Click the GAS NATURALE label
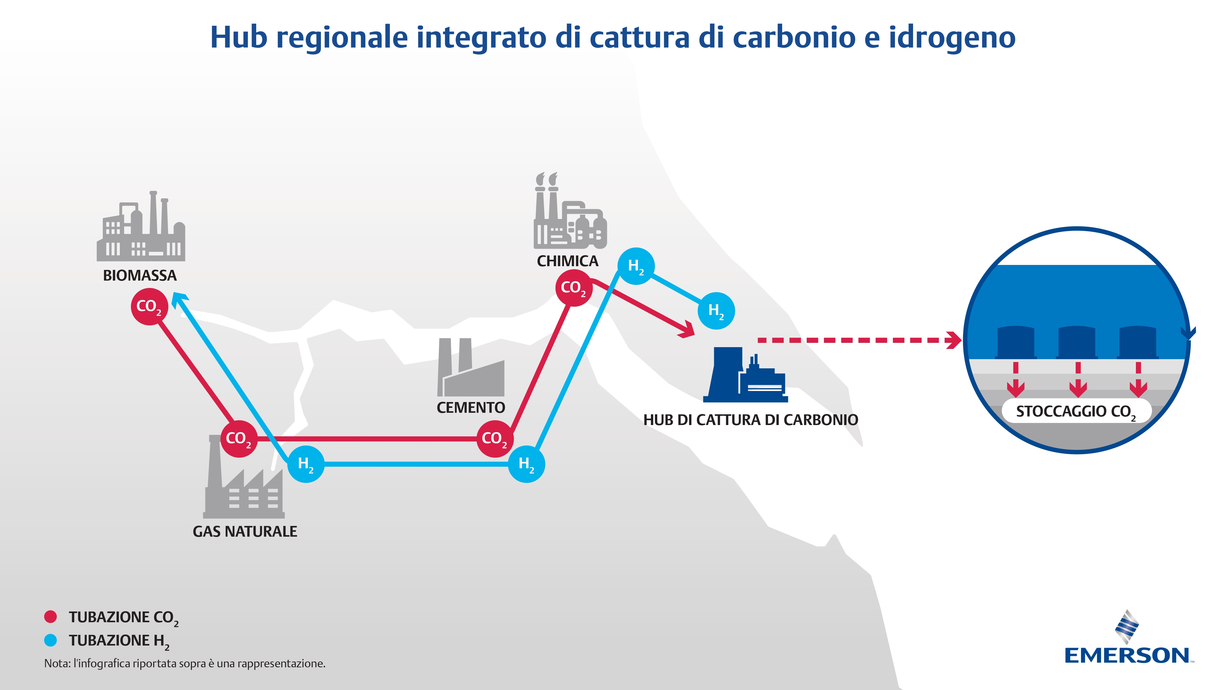pyautogui.click(x=245, y=531)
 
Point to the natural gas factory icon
pyautogui.click(x=244, y=477)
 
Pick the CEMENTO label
pyautogui.click(x=471, y=408)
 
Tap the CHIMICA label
pyautogui.click(x=567, y=261)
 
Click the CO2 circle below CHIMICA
pyautogui.click(x=574, y=288)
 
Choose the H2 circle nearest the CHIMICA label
pyautogui.click(x=636, y=266)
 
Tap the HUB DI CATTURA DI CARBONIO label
pyautogui.click(x=751, y=420)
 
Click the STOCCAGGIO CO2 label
pyautogui.click(x=1076, y=412)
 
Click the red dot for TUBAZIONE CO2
pyautogui.click(x=51, y=617)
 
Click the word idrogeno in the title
pyautogui.click(x=952, y=38)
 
